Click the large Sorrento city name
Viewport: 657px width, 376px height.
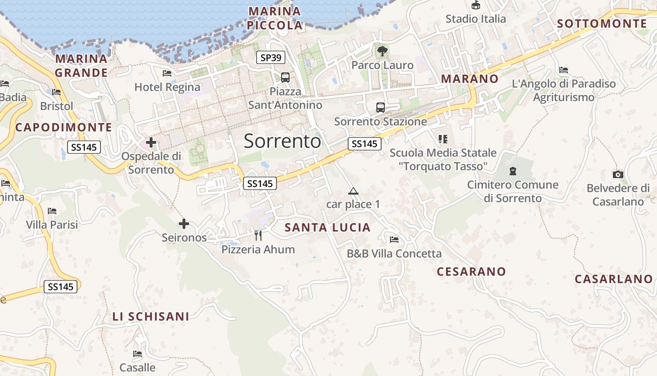click(283, 141)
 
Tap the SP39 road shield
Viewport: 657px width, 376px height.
click(271, 58)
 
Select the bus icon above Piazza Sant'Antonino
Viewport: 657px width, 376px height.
click(285, 78)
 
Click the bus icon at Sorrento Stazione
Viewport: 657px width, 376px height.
click(381, 108)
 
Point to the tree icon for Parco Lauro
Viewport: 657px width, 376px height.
click(382, 51)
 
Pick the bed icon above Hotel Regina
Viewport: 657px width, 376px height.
click(167, 73)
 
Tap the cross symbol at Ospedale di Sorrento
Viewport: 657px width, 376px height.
click(151, 142)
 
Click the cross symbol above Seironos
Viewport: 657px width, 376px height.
click(184, 224)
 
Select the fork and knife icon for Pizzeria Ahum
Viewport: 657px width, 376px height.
click(258, 235)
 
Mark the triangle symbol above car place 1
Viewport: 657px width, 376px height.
click(353, 191)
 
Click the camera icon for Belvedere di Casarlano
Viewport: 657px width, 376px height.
click(618, 175)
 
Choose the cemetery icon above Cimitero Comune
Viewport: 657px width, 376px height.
click(513, 171)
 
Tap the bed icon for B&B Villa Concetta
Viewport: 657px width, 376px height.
click(394, 240)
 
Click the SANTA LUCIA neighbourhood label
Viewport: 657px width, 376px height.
click(328, 228)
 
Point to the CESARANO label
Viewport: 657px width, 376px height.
click(471, 272)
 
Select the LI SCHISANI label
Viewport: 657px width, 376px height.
click(151, 317)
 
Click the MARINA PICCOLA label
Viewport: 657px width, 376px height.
click(275, 18)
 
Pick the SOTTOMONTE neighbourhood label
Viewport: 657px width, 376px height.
click(602, 23)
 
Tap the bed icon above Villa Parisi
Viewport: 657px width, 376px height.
click(52, 211)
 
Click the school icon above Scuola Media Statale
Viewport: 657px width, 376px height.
click(443, 139)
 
